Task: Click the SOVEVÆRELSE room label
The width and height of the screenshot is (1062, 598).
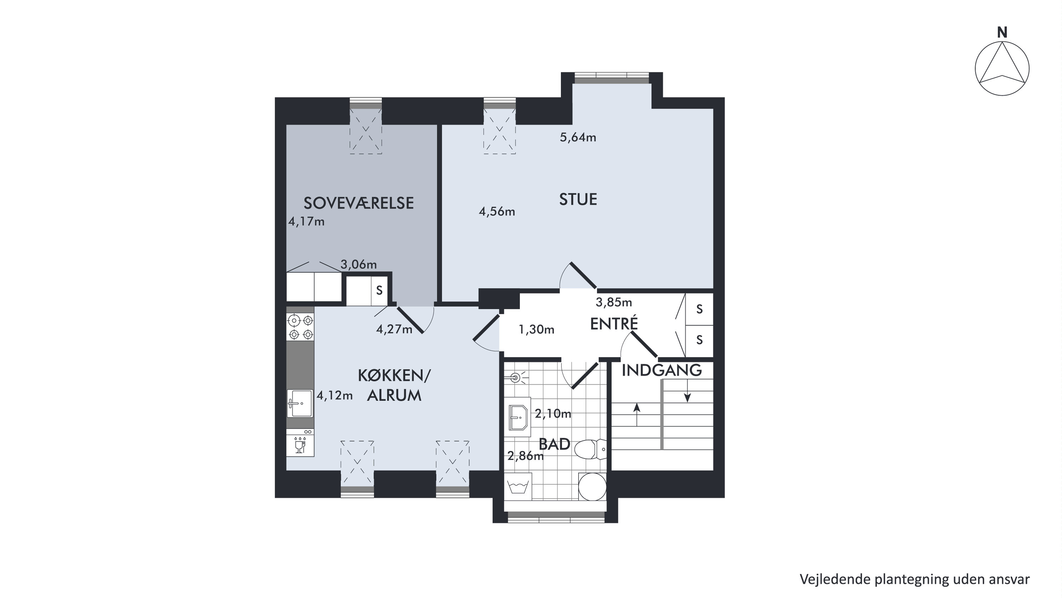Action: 359,203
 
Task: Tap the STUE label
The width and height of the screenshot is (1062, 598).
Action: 578,199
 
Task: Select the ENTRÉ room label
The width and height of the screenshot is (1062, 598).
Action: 614,323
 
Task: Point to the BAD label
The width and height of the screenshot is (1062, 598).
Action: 555,444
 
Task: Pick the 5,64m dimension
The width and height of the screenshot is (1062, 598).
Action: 578,137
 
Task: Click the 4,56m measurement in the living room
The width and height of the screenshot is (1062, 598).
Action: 497,211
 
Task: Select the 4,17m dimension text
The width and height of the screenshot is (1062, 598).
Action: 306,222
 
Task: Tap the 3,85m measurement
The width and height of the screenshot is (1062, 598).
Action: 614,302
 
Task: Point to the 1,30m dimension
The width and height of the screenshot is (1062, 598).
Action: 536,329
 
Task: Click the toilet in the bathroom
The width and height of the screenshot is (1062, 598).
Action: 590,450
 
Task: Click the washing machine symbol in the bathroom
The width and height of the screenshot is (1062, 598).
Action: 518,487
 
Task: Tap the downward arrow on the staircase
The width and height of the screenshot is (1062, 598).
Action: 687,391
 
